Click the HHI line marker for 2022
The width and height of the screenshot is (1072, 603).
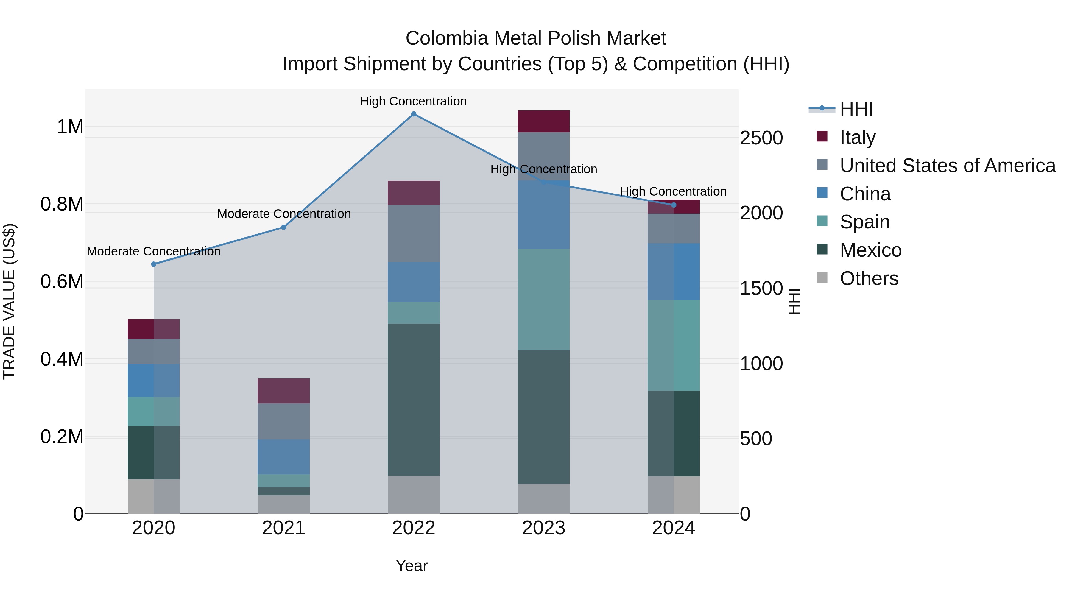413,114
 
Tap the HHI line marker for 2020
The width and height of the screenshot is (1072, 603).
154,264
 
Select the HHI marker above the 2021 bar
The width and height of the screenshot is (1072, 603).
283,227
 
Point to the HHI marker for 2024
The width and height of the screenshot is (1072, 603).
674,205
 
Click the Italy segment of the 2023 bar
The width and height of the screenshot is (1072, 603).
543,121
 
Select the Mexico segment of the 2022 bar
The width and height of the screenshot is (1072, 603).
413,400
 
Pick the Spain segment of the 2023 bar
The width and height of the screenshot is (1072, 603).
543,300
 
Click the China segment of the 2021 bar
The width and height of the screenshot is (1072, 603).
283,457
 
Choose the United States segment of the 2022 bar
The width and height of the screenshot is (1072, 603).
413,233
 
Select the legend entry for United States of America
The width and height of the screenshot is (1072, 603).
947,166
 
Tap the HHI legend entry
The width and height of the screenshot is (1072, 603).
856,109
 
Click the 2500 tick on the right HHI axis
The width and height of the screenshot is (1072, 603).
761,138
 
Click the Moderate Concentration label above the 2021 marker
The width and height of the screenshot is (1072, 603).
284,214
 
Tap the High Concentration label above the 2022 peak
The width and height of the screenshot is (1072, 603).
413,102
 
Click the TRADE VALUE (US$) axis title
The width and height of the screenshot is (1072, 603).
9,301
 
